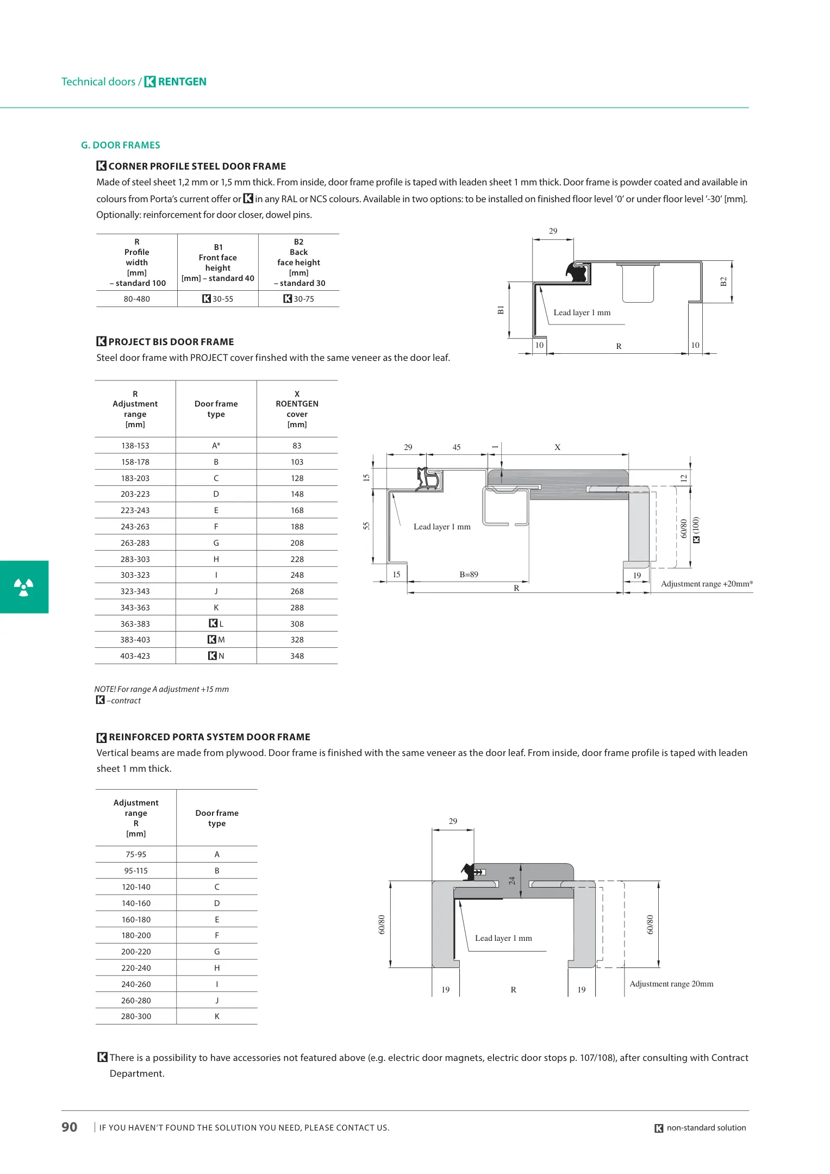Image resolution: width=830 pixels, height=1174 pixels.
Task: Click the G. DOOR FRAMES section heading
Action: click(120, 145)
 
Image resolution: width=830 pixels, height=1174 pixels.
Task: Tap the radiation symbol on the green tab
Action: click(23, 587)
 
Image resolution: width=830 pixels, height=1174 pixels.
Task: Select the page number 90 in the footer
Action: click(69, 1127)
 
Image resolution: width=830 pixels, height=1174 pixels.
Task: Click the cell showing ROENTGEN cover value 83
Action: click(297, 446)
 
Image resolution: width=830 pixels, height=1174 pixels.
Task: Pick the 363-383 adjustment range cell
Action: click(135, 624)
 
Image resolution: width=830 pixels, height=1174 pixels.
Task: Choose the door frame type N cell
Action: click(216, 656)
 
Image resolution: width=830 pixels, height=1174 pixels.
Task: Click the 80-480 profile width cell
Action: click(136, 299)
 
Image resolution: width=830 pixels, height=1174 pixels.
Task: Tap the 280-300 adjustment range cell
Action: click(136, 1016)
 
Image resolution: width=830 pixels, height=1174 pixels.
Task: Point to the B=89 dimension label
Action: click(469, 574)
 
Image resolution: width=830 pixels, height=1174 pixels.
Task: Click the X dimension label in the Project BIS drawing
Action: click(557, 447)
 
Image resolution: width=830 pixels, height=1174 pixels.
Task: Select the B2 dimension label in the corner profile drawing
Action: click(723, 282)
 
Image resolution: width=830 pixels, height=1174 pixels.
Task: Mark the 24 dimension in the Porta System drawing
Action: click(511, 880)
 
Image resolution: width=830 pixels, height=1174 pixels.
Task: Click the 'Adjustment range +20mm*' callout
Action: click(707, 584)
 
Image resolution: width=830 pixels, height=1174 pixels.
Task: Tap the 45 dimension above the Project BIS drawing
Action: click(457, 447)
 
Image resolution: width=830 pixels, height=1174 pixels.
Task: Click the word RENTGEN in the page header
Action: click(182, 82)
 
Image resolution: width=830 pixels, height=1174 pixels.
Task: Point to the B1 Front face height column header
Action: click(218, 263)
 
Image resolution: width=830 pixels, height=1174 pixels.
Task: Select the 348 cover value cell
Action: click(297, 656)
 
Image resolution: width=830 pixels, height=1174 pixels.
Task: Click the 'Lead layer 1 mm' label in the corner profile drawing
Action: click(582, 313)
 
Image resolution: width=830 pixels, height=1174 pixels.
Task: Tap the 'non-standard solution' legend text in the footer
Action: click(706, 1128)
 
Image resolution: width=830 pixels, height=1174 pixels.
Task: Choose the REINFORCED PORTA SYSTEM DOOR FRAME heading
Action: click(209, 737)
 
